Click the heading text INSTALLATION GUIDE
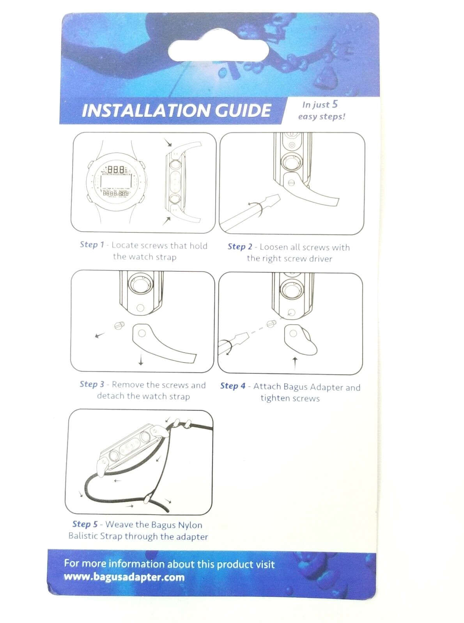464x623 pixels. click(x=176, y=110)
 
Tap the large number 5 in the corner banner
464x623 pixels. click(x=335, y=104)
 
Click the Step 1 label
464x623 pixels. click(x=92, y=245)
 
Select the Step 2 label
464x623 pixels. click(x=240, y=246)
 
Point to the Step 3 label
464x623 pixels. click(x=92, y=384)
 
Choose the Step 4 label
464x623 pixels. click(x=233, y=385)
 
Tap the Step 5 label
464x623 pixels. click(x=85, y=524)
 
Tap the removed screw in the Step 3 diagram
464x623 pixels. click(x=119, y=326)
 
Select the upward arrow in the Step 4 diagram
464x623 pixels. click(x=295, y=363)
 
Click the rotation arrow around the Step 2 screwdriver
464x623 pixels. click(x=257, y=208)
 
